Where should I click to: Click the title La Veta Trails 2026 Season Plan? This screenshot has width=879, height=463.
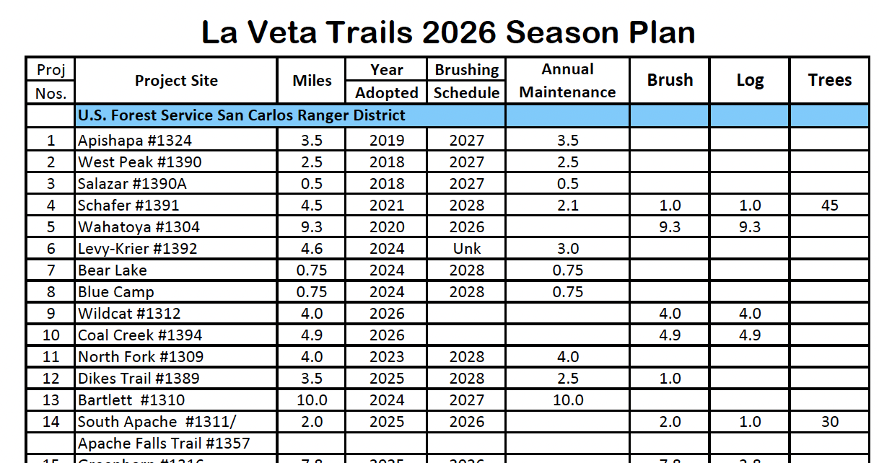[x=447, y=32]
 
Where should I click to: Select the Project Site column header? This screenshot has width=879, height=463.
[x=176, y=81]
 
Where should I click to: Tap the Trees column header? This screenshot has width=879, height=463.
[x=830, y=80]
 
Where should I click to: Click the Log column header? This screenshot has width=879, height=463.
[x=750, y=80]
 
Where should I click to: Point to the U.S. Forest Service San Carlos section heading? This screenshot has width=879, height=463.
[x=242, y=115]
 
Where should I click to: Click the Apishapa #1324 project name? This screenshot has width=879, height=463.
[x=135, y=141]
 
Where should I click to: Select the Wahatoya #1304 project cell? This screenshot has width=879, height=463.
[x=139, y=227]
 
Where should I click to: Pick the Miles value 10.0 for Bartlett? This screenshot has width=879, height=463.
[x=312, y=400]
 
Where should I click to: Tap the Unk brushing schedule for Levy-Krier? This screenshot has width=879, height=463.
[x=466, y=249]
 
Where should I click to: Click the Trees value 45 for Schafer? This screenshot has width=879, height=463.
[x=830, y=206]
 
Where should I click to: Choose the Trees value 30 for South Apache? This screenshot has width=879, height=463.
[x=830, y=422]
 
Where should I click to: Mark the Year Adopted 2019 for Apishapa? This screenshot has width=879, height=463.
[x=387, y=141]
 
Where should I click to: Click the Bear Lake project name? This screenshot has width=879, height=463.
[x=113, y=270]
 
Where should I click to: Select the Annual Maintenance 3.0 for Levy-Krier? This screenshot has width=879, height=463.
[x=568, y=249]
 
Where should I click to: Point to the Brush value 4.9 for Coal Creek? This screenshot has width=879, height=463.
[x=670, y=335]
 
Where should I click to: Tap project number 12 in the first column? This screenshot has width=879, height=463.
[x=51, y=379]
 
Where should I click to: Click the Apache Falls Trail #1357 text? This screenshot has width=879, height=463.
[x=164, y=443]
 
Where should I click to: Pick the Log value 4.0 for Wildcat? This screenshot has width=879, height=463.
[x=750, y=314]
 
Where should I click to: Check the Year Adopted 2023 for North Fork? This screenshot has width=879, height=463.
[x=387, y=357]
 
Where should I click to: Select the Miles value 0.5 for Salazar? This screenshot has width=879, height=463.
[x=312, y=184]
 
